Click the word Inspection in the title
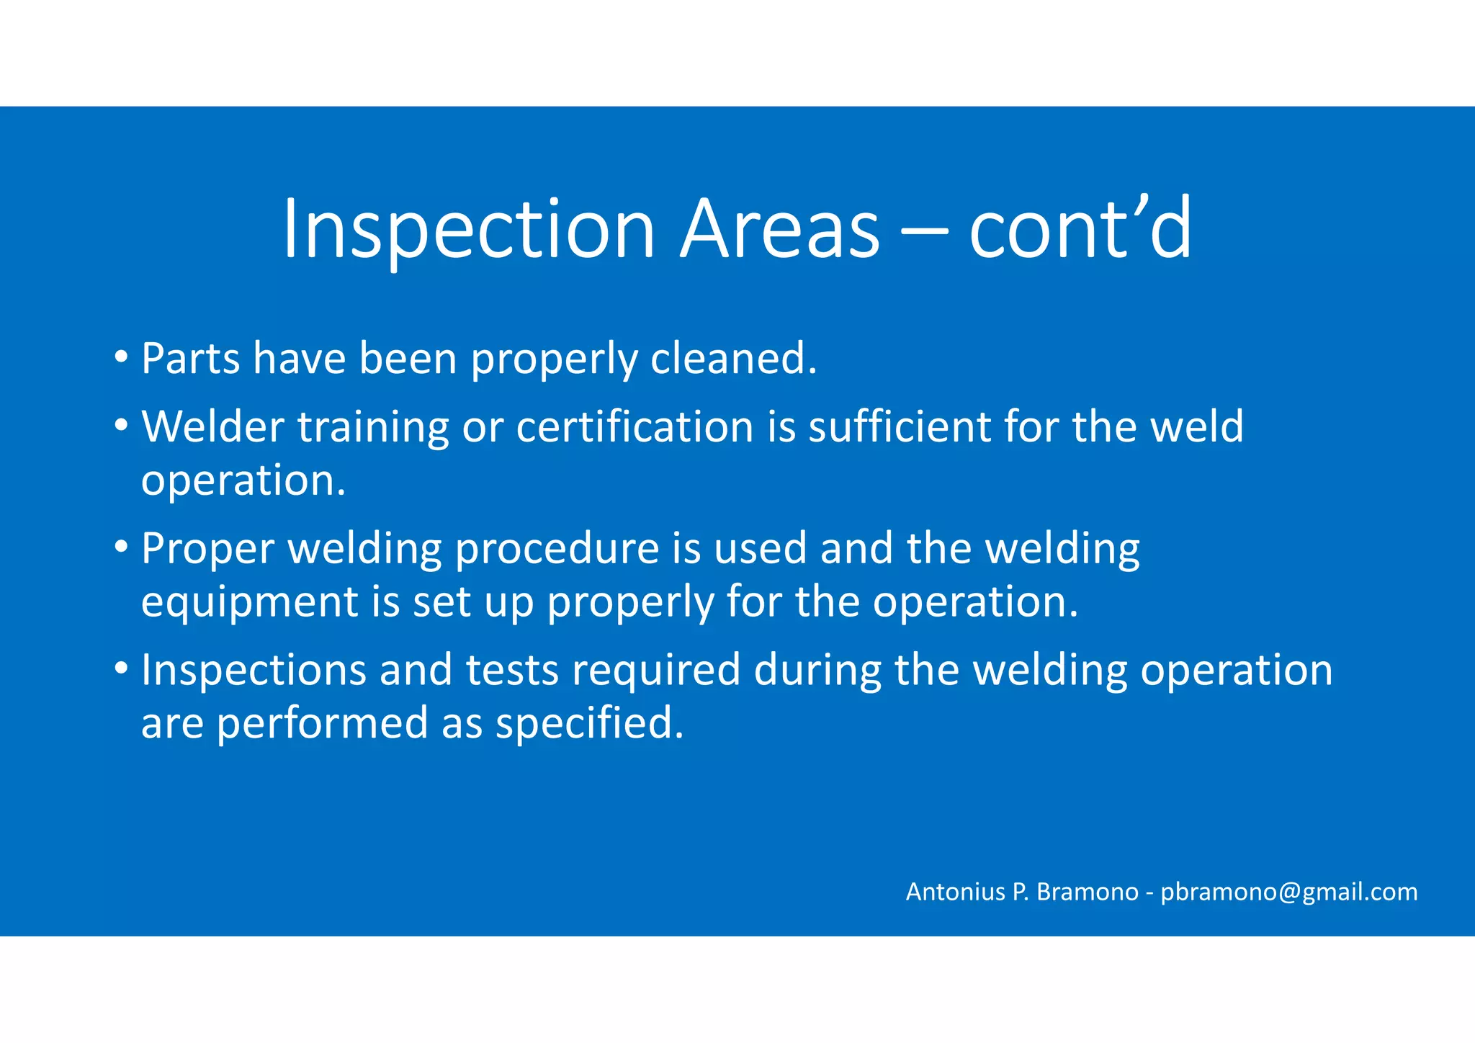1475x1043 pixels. click(469, 229)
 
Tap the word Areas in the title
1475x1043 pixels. click(779, 229)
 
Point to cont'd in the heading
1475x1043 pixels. click(1080, 229)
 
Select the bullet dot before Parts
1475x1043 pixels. click(121, 357)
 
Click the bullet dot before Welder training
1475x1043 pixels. click(121, 425)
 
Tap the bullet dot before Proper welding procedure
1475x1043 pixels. click(121, 547)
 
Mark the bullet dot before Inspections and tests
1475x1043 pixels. click(121, 668)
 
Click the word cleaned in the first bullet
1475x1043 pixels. click(733, 358)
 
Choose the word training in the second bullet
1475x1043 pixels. click(373, 427)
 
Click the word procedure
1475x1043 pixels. click(557, 549)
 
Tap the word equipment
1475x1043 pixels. click(249, 602)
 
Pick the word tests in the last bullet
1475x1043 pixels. click(512, 670)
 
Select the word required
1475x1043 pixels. click(656, 670)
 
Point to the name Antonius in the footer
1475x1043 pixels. click(955, 892)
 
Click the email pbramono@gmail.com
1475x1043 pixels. click(1288, 892)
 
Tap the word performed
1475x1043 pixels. click(322, 723)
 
